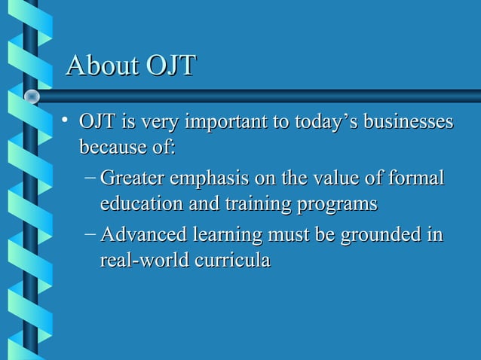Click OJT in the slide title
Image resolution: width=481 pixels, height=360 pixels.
click(x=170, y=66)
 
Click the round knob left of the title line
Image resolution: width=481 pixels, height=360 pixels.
click(x=32, y=96)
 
